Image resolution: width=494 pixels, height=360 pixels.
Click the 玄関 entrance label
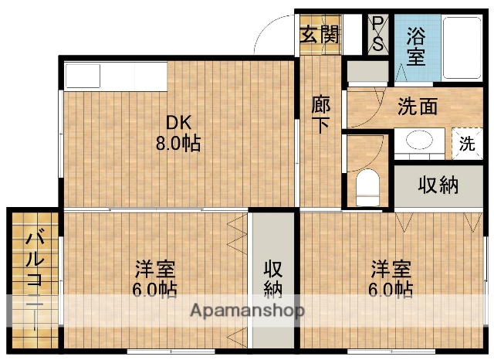[x=319, y=34]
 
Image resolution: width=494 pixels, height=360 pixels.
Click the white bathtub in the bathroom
[x=465, y=46]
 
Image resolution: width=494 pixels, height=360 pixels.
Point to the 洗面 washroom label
[x=418, y=107]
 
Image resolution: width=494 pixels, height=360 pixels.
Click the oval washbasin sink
[x=419, y=141]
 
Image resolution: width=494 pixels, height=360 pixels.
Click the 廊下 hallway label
[x=320, y=114]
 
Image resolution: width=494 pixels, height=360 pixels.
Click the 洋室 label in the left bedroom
[x=155, y=270]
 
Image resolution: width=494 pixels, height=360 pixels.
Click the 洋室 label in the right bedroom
[x=390, y=270]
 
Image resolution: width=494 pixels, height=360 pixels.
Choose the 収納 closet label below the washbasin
[x=438, y=185]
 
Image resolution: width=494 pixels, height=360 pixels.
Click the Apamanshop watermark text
[x=247, y=311]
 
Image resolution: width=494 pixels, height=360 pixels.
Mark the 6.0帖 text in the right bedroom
[x=390, y=290]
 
